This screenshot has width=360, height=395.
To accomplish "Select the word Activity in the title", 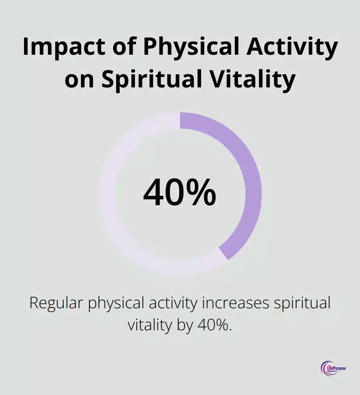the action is tap(292, 47).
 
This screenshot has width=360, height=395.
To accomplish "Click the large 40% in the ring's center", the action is tap(179, 192).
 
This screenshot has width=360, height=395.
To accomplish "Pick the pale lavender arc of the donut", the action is tap(107, 194).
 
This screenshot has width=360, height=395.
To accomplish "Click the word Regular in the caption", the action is tap(56, 303).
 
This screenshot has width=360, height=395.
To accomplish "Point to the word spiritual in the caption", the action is tap(302, 303).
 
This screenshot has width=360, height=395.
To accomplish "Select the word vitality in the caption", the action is tap(150, 325).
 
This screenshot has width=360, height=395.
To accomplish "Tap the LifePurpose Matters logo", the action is tap(333, 361).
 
